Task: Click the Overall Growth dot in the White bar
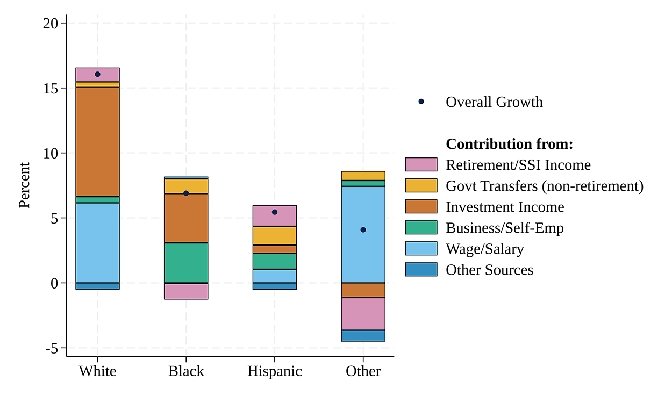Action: [97, 74]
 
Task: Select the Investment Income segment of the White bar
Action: [97, 141]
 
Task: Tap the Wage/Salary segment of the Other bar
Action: [363, 253]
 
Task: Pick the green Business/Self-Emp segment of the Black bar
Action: [186, 263]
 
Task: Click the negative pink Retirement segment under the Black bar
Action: [186, 291]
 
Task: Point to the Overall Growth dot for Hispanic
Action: [275, 212]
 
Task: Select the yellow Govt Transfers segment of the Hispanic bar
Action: [275, 235]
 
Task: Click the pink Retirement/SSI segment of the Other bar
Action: [363, 314]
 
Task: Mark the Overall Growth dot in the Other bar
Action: [363, 230]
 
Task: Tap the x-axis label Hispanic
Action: [275, 371]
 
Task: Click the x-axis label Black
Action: [186, 371]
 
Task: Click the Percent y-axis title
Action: [25, 185]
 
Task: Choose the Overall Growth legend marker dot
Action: [421, 102]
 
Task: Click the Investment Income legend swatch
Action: [421, 207]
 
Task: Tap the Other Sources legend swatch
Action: [421, 270]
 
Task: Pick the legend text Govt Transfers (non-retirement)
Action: [544, 186]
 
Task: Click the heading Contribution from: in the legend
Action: [510, 144]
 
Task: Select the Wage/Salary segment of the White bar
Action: [97, 242]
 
